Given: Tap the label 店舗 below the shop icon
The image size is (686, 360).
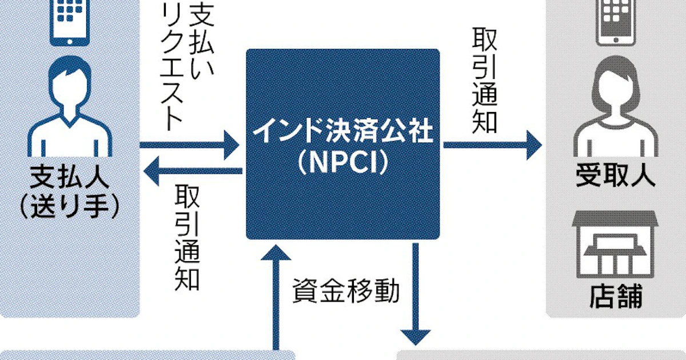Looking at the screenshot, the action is (616, 297).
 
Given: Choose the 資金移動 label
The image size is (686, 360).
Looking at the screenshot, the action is (346, 290).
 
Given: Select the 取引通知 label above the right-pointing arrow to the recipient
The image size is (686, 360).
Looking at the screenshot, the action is (485, 81).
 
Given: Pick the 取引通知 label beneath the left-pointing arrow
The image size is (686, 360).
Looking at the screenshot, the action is (187, 238).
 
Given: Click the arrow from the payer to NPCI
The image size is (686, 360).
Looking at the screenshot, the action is (189, 145).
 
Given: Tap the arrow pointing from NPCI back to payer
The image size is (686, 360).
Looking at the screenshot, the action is (193, 171).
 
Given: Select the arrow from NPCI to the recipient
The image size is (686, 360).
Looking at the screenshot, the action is (492, 145).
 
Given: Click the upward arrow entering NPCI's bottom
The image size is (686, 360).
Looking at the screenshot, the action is (276, 297).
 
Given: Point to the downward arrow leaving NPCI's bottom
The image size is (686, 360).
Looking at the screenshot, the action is (416, 294).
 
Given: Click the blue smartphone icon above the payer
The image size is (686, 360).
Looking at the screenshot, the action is (70, 23).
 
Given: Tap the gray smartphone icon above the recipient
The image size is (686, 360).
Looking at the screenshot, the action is (616, 23).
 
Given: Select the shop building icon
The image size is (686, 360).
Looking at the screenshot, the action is (615, 245).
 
